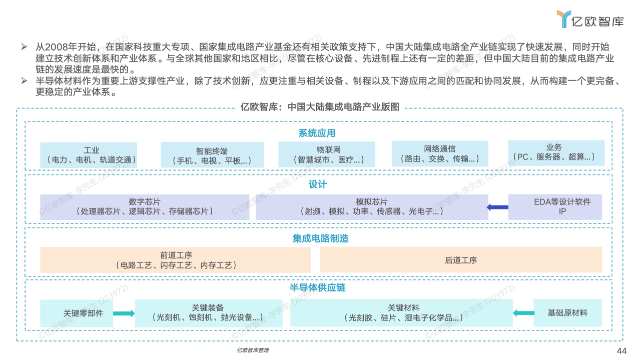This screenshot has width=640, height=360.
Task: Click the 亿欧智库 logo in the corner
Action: (590, 19)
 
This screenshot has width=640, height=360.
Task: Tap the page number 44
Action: (621, 350)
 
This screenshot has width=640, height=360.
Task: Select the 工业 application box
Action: (89, 155)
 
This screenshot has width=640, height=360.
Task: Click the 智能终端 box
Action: (212, 155)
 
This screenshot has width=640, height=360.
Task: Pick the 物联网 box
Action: (327, 154)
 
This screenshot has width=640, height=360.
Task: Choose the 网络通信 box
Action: (440, 154)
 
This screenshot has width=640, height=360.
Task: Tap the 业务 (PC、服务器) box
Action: (556, 153)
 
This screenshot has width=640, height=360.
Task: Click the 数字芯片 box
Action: (145, 207)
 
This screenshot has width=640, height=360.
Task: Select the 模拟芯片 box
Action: (372, 207)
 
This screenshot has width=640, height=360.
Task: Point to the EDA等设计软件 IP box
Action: (555, 207)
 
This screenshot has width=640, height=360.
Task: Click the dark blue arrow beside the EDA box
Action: (497, 207)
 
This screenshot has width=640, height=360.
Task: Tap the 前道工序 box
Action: (176, 260)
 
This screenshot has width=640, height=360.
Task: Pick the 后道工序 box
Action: (461, 260)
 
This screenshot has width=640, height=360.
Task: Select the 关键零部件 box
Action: (77, 313)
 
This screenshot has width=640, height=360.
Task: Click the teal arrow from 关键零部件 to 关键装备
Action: (124, 313)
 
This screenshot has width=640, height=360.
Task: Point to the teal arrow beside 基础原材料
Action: (523, 313)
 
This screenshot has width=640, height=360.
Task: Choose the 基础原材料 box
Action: (568, 313)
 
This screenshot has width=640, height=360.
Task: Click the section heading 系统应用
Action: (317, 133)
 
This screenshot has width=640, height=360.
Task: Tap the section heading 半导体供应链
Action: (317, 287)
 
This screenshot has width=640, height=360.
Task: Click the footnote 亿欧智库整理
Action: (253, 350)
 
